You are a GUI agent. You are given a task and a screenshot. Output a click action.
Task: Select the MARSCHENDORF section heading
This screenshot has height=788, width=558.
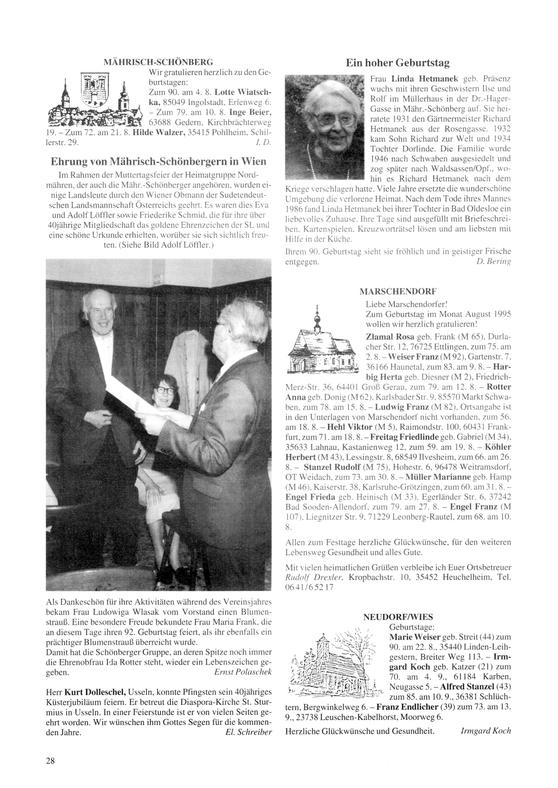(398, 291)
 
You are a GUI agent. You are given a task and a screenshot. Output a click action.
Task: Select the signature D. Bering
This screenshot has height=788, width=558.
(494, 261)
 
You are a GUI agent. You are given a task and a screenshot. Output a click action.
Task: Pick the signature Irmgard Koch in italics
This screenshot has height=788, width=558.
(485, 731)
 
